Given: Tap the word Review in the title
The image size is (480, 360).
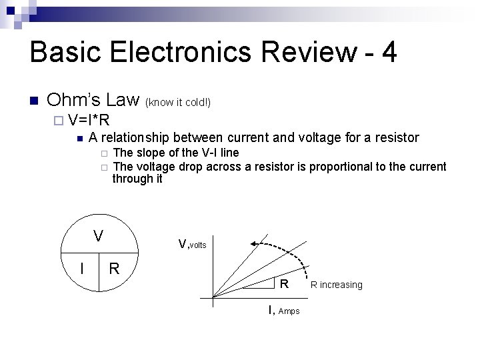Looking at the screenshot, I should point(299,52).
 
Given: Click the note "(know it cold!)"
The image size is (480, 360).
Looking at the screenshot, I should point(179,103).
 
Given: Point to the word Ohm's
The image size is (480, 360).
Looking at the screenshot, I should point(73,101).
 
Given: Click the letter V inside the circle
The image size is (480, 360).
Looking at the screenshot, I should point(98,236).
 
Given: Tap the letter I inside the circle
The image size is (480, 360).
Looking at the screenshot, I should point(81,269).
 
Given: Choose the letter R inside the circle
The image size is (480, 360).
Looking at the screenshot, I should point(114,269).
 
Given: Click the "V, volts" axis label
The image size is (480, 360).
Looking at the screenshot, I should point(193,245).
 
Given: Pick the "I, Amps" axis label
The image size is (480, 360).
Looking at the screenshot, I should point(284,310).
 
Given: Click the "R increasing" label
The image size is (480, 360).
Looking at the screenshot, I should point(337,285).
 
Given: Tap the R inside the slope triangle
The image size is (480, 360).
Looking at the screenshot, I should point(283,284).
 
